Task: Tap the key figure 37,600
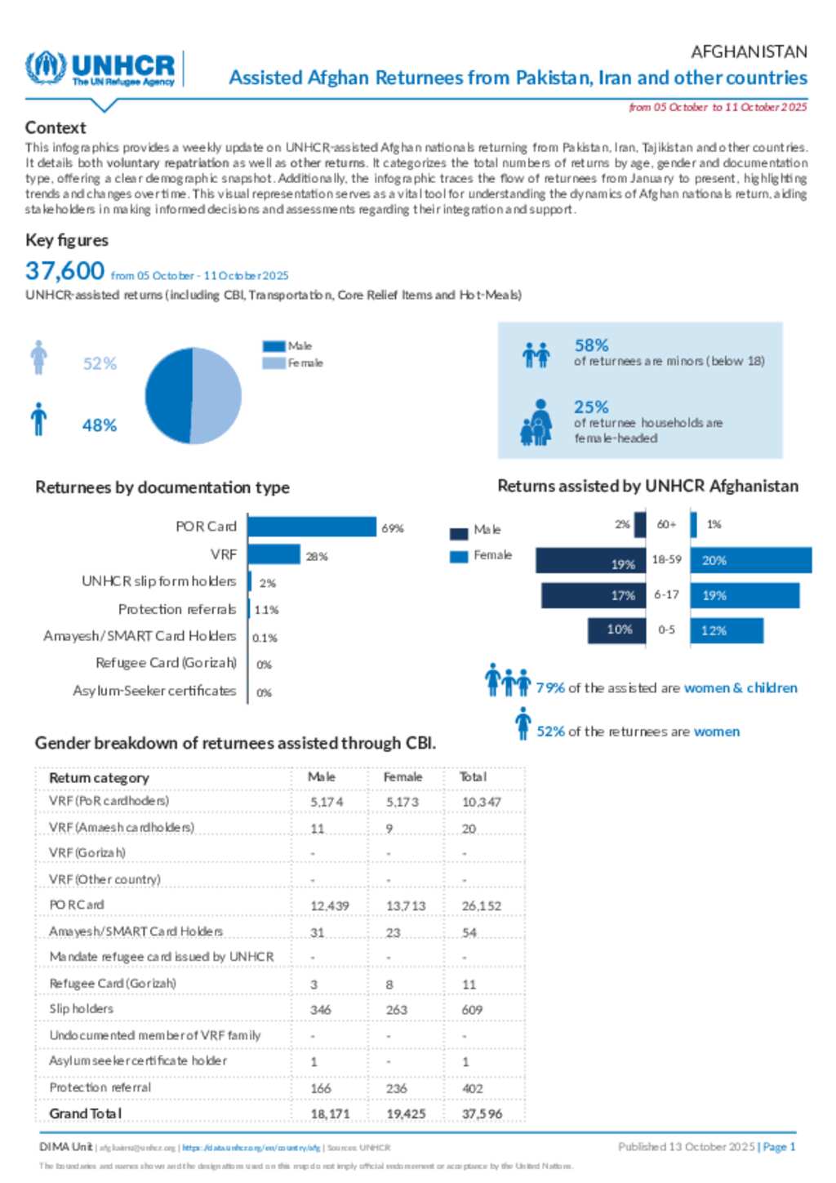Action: pyautogui.click(x=65, y=271)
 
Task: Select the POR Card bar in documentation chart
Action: pyautogui.click(x=312, y=527)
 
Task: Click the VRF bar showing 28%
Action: pyautogui.click(x=274, y=555)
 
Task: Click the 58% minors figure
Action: pyautogui.click(x=591, y=345)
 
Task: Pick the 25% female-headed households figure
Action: pyautogui.click(x=591, y=407)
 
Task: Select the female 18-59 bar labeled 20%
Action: pyautogui.click(x=751, y=561)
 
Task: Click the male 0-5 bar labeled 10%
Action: pyautogui.click(x=616, y=630)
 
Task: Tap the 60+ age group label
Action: pyautogui.click(x=666, y=524)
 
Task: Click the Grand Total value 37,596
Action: pyautogui.click(x=482, y=1114)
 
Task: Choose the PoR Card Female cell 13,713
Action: pyautogui.click(x=406, y=906)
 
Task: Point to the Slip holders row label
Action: pyautogui.click(x=82, y=1009)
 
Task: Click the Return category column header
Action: pyautogui.click(x=99, y=778)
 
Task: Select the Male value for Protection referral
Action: pyautogui.click(x=321, y=1088)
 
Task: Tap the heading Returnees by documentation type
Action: pyautogui.click(x=162, y=487)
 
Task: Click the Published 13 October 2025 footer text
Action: pyautogui.click(x=686, y=1147)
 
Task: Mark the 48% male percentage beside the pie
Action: pyautogui.click(x=100, y=425)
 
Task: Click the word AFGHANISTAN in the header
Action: pyautogui.click(x=749, y=52)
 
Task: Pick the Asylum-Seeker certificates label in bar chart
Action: pyautogui.click(x=154, y=692)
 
